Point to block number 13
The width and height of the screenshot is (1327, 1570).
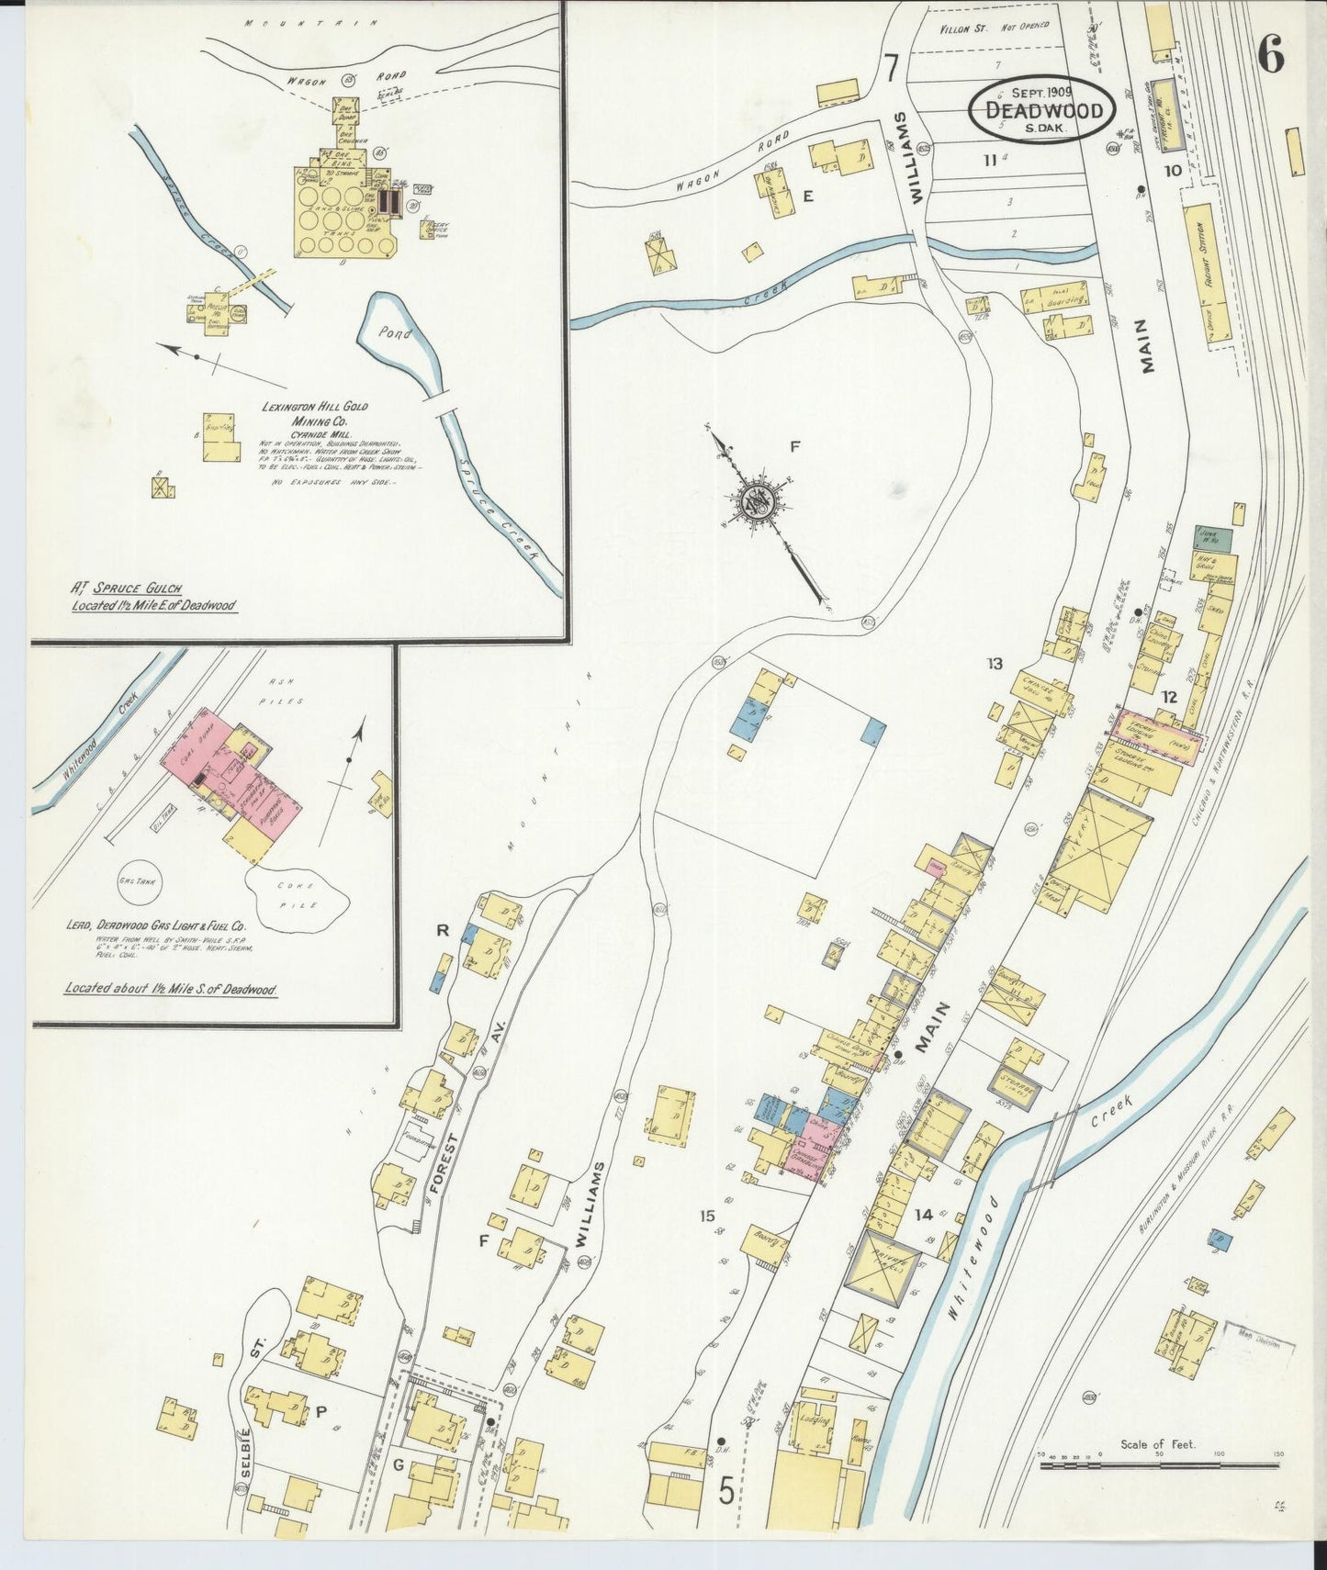[x=995, y=664]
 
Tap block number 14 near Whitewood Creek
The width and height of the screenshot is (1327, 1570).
[x=923, y=1215]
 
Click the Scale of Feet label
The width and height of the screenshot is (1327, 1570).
[x=1158, y=1443]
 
